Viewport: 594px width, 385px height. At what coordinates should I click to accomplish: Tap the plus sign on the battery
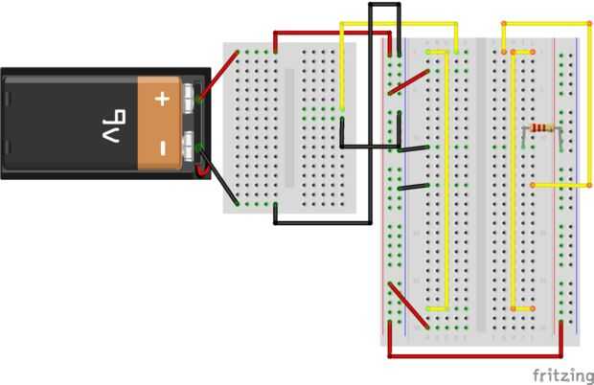click(162, 98)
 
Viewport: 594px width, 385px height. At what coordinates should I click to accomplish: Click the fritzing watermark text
click(560, 371)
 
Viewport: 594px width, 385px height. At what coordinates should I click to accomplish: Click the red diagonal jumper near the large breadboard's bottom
click(407, 305)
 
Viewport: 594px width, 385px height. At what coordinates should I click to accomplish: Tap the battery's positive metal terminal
click(193, 96)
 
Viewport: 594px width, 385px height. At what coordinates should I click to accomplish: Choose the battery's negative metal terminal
click(193, 147)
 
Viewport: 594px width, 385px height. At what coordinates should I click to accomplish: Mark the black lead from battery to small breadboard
click(224, 182)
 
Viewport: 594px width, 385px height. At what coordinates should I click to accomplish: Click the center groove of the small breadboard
click(288, 125)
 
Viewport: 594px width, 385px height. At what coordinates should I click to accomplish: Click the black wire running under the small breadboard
click(321, 222)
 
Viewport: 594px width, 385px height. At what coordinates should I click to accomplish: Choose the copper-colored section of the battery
click(162, 123)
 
